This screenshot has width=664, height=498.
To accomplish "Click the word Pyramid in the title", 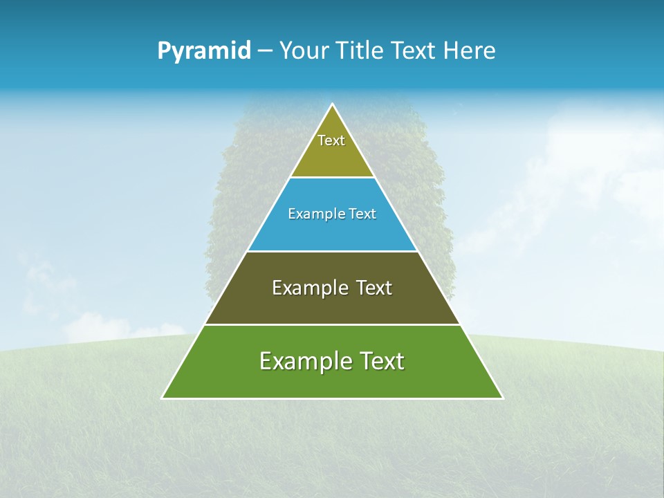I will pyautogui.click(x=204, y=51).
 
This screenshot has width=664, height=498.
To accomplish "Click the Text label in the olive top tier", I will pyautogui.click(x=331, y=140).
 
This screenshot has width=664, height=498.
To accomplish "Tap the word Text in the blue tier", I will pyautogui.click(x=362, y=214).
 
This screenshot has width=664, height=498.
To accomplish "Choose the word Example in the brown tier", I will pyautogui.click(x=305, y=288).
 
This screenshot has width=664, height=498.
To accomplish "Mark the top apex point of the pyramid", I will pyautogui.click(x=332, y=104).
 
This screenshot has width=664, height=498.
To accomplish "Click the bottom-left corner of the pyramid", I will pyautogui.click(x=163, y=398).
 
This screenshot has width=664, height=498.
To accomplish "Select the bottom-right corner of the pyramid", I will pyautogui.click(x=502, y=398).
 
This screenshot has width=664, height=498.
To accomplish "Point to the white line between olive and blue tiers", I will pyautogui.click(x=332, y=178).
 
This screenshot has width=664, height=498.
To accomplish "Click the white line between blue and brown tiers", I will pyautogui.click(x=332, y=251).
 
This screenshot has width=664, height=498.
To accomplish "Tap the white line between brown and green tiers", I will pyautogui.click(x=332, y=324).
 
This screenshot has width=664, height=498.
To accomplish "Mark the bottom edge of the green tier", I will pyautogui.click(x=332, y=398).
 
